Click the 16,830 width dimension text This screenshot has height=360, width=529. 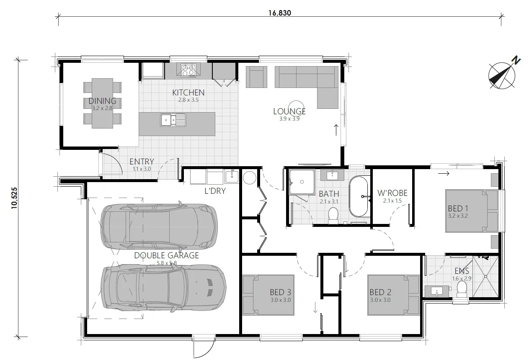[x=280, y=13]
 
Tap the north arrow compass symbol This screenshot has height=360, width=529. [x=502, y=75]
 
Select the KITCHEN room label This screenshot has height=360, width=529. [x=188, y=93]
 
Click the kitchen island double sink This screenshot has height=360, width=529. [x=173, y=120]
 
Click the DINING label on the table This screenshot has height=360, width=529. [x=102, y=101]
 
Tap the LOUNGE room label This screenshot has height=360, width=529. [x=289, y=111]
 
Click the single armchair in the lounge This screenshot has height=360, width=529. [x=255, y=77]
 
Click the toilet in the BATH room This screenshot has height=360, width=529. [x=333, y=214]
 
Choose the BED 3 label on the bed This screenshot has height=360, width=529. [x=280, y=292]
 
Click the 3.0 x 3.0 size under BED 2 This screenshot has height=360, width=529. [x=380, y=300]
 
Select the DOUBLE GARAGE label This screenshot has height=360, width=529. [x=166, y=255]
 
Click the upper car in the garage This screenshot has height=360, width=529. [x=159, y=226]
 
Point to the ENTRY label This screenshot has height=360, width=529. [x=141, y=162]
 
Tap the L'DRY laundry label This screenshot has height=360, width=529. [x=215, y=191]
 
